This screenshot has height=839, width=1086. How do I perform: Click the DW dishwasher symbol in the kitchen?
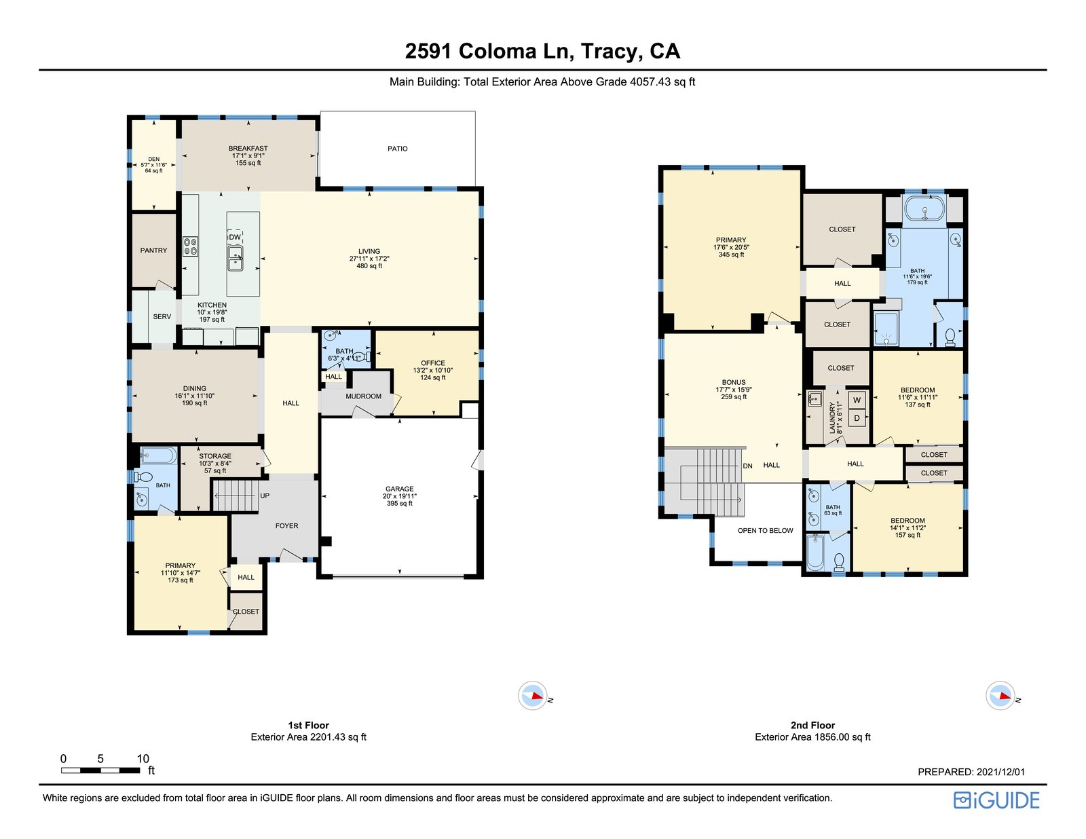(235, 236)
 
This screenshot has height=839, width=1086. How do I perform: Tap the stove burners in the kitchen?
(191, 246)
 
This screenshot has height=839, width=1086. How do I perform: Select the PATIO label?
(397, 149)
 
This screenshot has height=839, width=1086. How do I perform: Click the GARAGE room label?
(399, 489)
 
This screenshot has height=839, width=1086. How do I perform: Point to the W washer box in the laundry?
(857, 400)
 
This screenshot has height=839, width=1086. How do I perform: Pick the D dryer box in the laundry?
(857, 417)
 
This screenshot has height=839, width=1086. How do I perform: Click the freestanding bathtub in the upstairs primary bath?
(924, 209)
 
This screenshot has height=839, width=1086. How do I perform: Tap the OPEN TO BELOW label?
(765, 530)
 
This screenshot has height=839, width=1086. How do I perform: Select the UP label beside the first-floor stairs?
(265, 496)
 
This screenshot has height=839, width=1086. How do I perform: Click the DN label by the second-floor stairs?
(747, 466)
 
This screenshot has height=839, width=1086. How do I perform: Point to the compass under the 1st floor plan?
(533, 696)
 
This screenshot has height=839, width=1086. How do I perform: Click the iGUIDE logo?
(996, 800)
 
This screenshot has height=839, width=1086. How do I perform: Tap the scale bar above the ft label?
(100, 770)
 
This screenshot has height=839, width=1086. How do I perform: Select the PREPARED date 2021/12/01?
(1000, 772)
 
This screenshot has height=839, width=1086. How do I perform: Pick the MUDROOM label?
(363, 396)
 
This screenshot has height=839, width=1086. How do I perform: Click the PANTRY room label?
(153, 250)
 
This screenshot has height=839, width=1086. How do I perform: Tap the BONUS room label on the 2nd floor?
(733, 382)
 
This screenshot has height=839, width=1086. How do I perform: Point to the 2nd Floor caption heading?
(812, 725)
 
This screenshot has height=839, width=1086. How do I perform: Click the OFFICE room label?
(433, 362)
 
